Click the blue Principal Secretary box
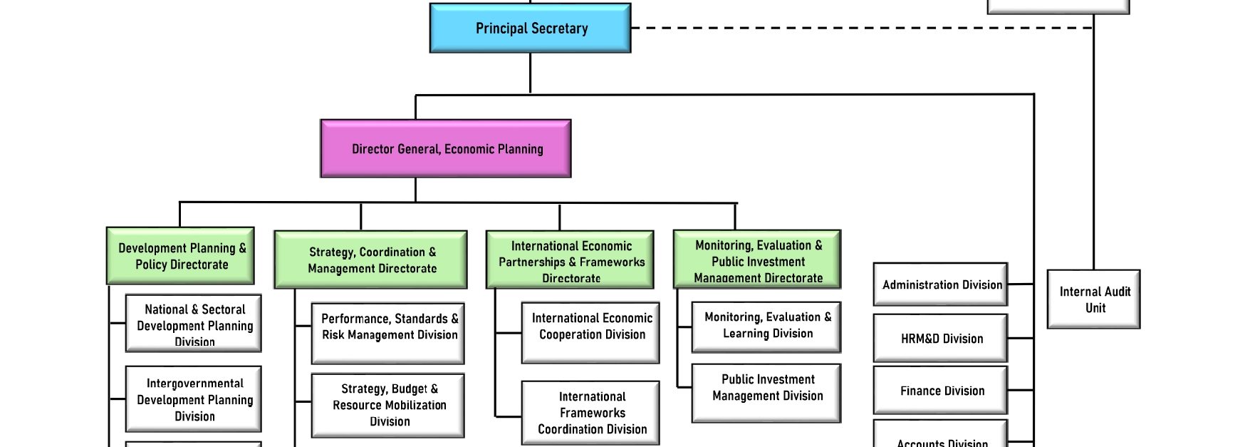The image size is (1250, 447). coord(531,29)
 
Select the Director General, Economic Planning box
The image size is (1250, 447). coord(446,149)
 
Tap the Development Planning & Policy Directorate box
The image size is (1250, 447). coord(181,256)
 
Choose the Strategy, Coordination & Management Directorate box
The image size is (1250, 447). coord(371,260)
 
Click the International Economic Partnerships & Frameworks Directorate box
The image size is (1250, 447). coord(571,260)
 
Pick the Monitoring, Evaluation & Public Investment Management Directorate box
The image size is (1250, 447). coord(757,260)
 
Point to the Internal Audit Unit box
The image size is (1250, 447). coord(1094,299)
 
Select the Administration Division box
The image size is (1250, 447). coord(941,284)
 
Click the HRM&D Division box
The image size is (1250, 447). coord(941,339)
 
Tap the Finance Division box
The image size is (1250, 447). coord(941,391)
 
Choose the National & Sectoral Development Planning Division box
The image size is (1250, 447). coord(194,324)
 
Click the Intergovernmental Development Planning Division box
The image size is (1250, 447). coord(194,399)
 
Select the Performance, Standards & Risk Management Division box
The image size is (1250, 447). coord(389,333)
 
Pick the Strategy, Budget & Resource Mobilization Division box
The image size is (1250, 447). coord(389,405)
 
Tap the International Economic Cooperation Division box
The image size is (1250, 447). coord(591,332)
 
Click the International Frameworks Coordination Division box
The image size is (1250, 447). coord(591,413)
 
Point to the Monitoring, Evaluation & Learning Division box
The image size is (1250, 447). coord(767,326)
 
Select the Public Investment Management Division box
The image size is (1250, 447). coord(767,393)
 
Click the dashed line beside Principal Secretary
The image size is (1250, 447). coord(855,29)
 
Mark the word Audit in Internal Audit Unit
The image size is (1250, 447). coord(1116,292)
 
